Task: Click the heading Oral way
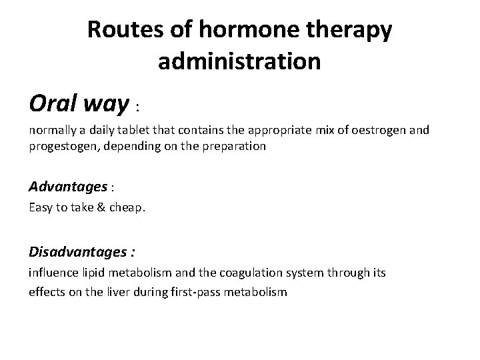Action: [x=79, y=103]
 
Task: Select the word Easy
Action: [x=41, y=208]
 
